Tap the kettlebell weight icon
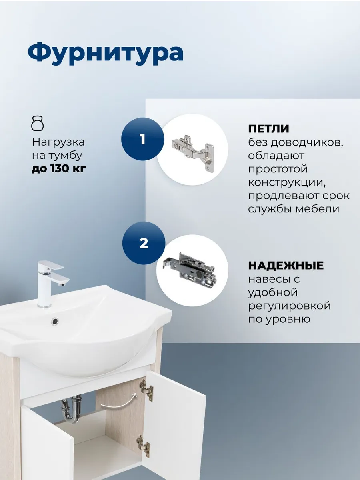click(x=38, y=124)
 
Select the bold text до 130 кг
click(x=59, y=169)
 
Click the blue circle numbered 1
click(x=142, y=139)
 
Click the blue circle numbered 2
click(x=144, y=243)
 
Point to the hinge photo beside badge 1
click(x=193, y=149)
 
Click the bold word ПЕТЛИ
click(x=268, y=128)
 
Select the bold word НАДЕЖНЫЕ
click(x=286, y=266)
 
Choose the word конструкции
click(x=287, y=182)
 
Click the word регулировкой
click(x=289, y=306)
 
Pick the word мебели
click(x=317, y=209)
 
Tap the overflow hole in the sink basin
click(x=55, y=322)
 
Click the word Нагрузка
click(x=58, y=142)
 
